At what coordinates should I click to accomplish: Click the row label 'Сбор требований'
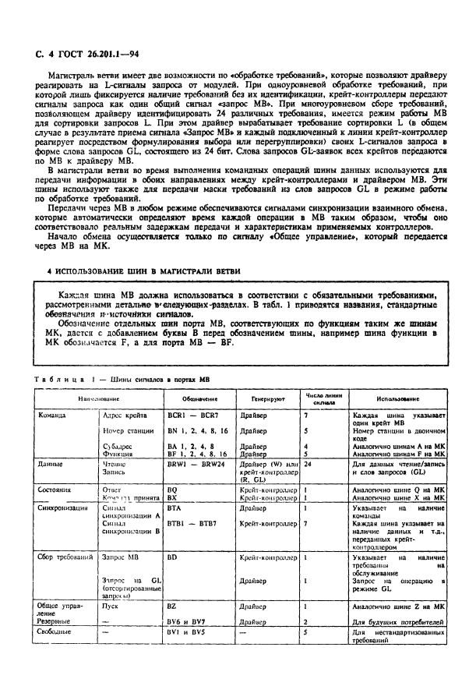pos(66,558)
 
